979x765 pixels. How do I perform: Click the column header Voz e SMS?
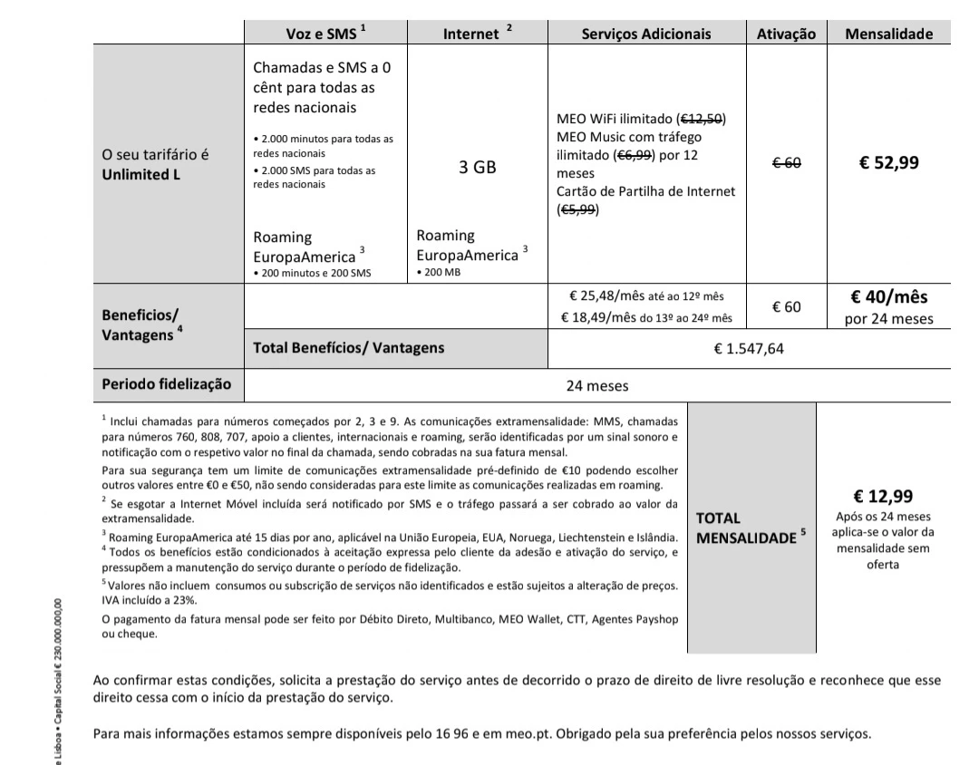tap(322, 34)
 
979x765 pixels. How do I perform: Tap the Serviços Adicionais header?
tap(645, 34)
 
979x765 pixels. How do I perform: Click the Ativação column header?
tap(786, 34)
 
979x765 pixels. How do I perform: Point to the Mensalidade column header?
tap(888, 34)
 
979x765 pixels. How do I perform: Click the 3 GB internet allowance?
tap(477, 168)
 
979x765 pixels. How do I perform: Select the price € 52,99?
tap(888, 163)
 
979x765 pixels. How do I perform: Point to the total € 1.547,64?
tap(749, 349)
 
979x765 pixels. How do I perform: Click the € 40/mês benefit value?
tap(888, 297)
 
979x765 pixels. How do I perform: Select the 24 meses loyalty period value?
tap(597, 385)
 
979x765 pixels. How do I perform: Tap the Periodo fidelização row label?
tap(166, 384)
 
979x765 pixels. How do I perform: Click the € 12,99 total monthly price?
tap(883, 496)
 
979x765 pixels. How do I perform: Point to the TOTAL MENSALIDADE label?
tap(748, 528)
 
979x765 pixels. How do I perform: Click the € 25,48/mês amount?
tap(606, 296)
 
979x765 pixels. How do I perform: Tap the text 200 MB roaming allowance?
tap(441, 272)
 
